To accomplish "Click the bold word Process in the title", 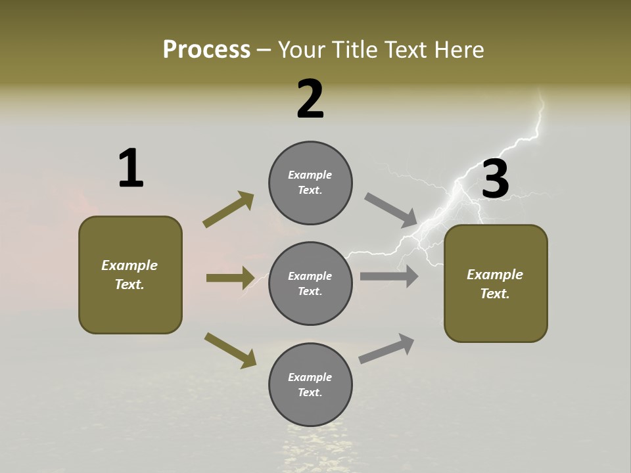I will [x=206, y=50].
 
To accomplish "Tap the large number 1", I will [x=131, y=169].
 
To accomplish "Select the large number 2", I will [x=310, y=100].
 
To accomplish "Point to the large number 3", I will [x=496, y=179].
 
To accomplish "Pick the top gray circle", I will [x=310, y=183].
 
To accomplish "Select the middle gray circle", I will [x=310, y=283].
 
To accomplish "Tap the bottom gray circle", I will [x=310, y=384].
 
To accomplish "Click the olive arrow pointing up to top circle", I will [x=228, y=210].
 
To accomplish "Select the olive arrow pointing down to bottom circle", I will [x=230, y=349].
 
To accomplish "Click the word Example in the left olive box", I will [x=129, y=265].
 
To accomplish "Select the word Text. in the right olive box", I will [x=495, y=294].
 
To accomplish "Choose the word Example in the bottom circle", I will [x=310, y=377].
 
